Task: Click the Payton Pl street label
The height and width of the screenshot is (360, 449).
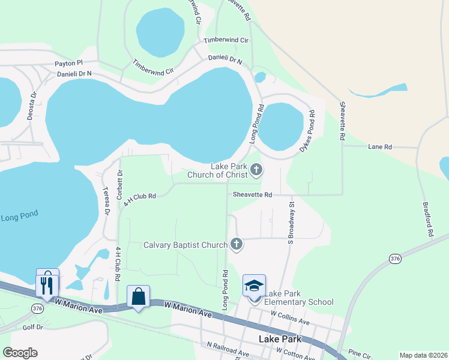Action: pyautogui.click(x=68, y=62)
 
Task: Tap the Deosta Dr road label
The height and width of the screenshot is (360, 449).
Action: pyautogui.click(x=32, y=106)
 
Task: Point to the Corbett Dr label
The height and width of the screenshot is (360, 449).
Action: pyautogui.click(x=119, y=184)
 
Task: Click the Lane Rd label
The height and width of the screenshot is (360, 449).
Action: pyautogui.click(x=379, y=146)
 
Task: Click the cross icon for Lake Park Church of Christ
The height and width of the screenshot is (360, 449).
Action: pyautogui.click(x=256, y=170)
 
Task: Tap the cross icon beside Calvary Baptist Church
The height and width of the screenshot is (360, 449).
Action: pyautogui.click(x=237, y=244)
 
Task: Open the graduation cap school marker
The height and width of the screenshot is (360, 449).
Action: pyautogui.click(x=254, y=286)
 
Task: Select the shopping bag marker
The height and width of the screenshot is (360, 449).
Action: pyautogui.click(x=138, y=296)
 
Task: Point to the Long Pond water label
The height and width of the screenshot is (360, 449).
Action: pyautogui.click(x=17, y=217)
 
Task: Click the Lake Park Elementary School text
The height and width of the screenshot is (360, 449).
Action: pyautogui.click(x=299, y=298)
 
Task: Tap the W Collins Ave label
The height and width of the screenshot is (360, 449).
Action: pyautogui.click(x=291, y=317)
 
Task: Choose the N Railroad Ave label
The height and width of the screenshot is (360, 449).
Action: pyautogui.click(x=228, y=349)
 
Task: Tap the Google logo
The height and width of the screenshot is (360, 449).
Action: pyautogui.click(x=20, y=353)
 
